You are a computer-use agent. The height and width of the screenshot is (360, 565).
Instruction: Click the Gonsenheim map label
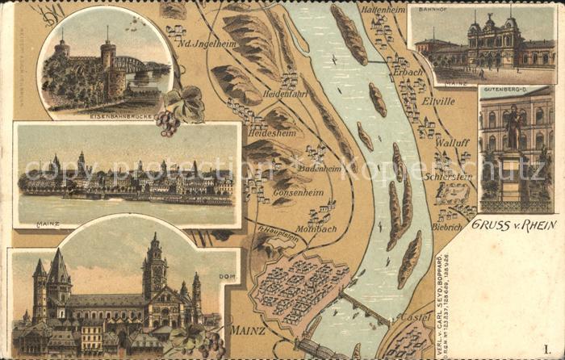point(299,193)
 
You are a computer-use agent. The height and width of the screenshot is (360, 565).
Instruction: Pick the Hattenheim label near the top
point(383,10)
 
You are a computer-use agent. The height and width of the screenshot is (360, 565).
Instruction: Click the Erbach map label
point(408,72)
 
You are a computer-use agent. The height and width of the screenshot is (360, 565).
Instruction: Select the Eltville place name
point(438,101)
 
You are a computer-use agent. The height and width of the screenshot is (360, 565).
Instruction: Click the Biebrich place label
point(446,228)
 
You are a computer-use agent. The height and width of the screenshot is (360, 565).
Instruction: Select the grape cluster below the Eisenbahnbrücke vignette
point(168,122)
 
